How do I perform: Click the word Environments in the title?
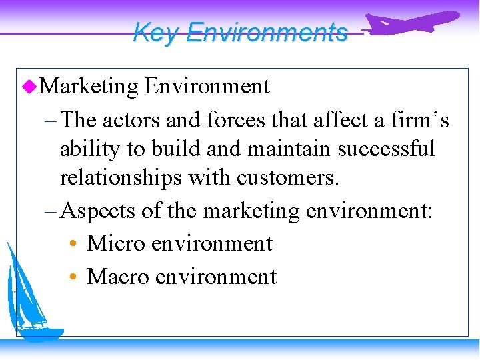tap(267, 32)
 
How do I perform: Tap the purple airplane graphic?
tap(413, 23)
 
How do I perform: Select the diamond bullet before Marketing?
tap(27, 86)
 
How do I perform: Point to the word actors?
tap(131, 120)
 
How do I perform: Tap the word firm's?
tap(417, 120)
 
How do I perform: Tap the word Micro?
tap(116, 243)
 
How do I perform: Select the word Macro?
tap(117, 275)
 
